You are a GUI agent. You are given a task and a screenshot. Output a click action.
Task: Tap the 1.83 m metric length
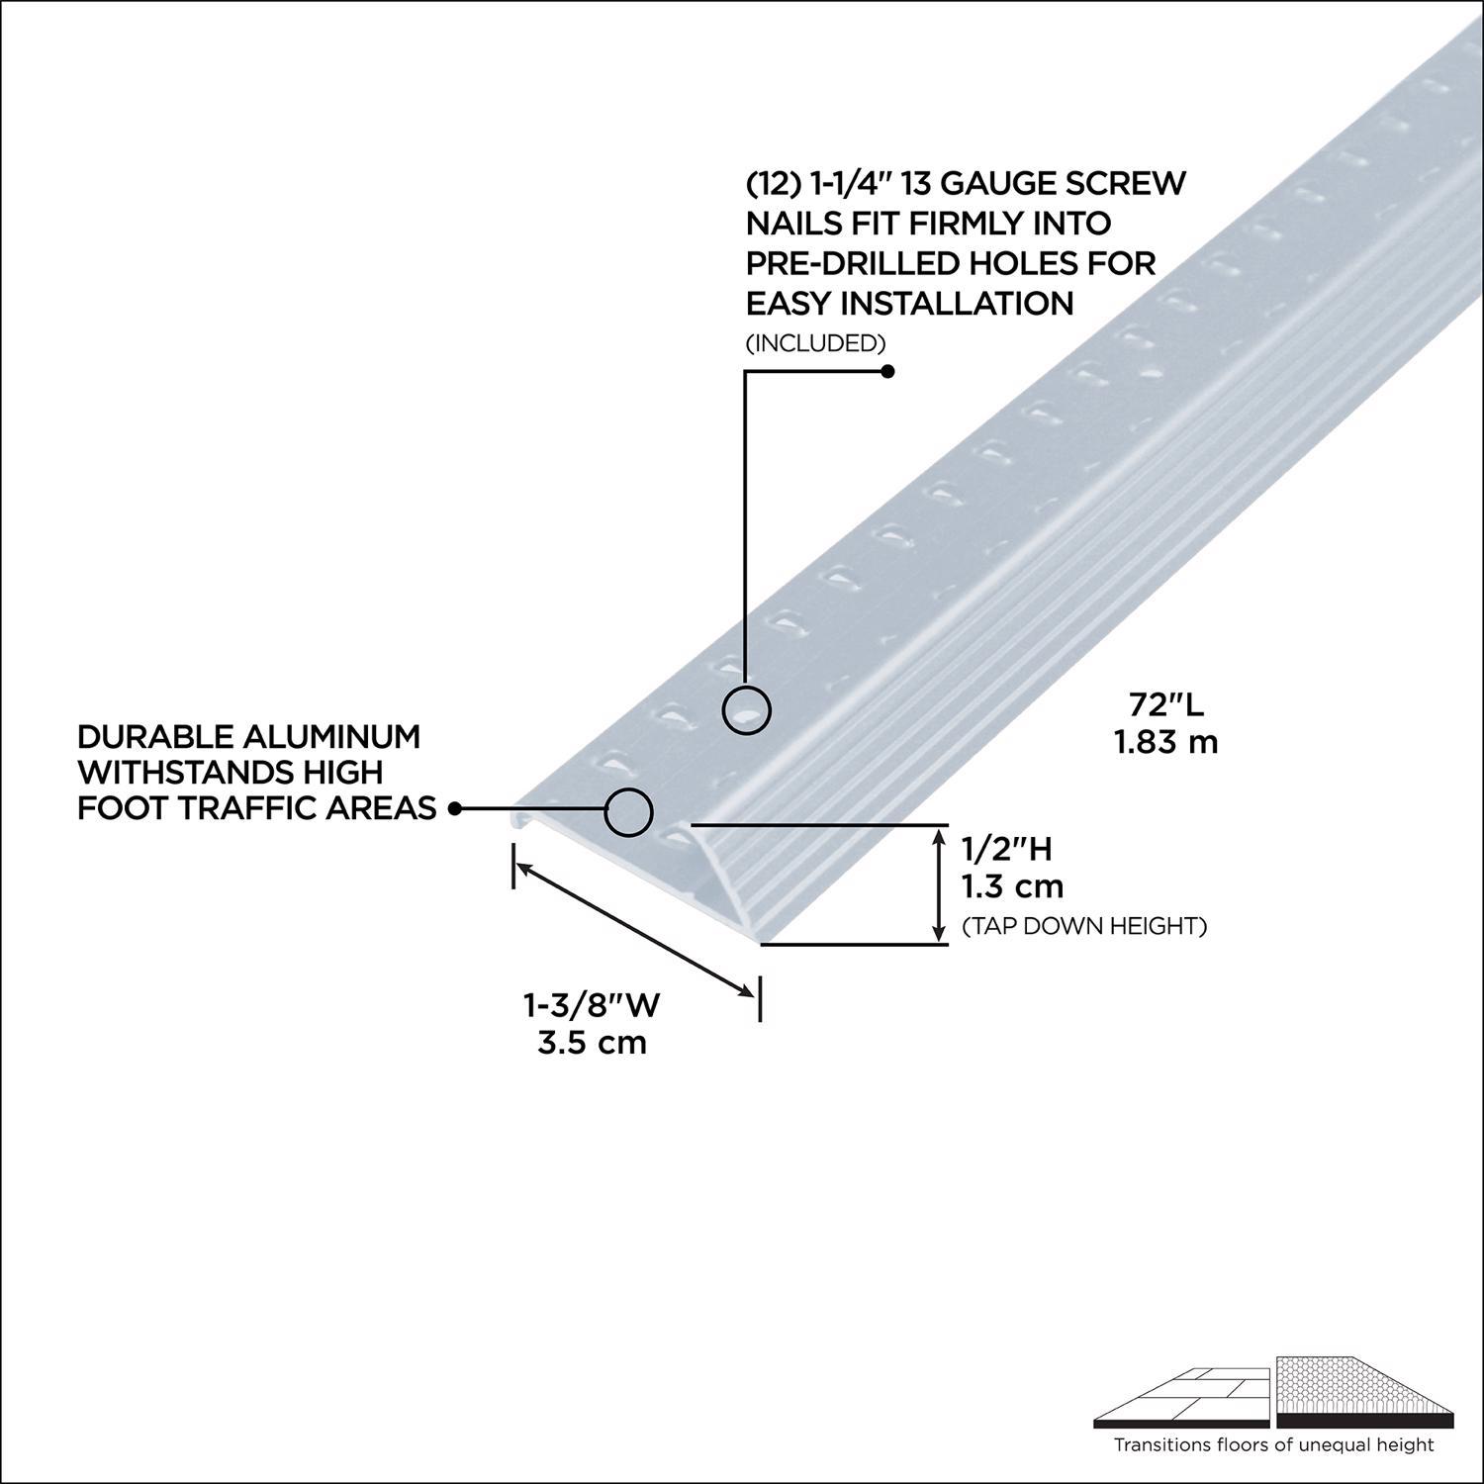click(1166, 742)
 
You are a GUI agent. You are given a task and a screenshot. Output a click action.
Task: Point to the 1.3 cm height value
click(1013, 885)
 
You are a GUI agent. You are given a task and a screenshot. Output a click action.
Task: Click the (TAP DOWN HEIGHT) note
click(1084, 927)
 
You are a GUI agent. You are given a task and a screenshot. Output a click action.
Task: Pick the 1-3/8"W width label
click(592, 1005)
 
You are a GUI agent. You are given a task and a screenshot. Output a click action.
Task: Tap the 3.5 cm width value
click(592, 1042)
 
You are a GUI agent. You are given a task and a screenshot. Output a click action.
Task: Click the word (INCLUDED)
click(815, 343)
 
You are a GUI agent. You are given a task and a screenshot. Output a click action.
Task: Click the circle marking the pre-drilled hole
click(747, 709)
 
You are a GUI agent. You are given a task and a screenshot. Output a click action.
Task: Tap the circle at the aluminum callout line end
click(629, 811)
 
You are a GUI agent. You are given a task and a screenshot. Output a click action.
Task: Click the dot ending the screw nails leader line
click(887, 372)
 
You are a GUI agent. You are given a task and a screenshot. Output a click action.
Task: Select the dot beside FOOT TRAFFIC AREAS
click(455, 808)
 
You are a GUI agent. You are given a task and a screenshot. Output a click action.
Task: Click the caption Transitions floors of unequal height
click(1273, 1445)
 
